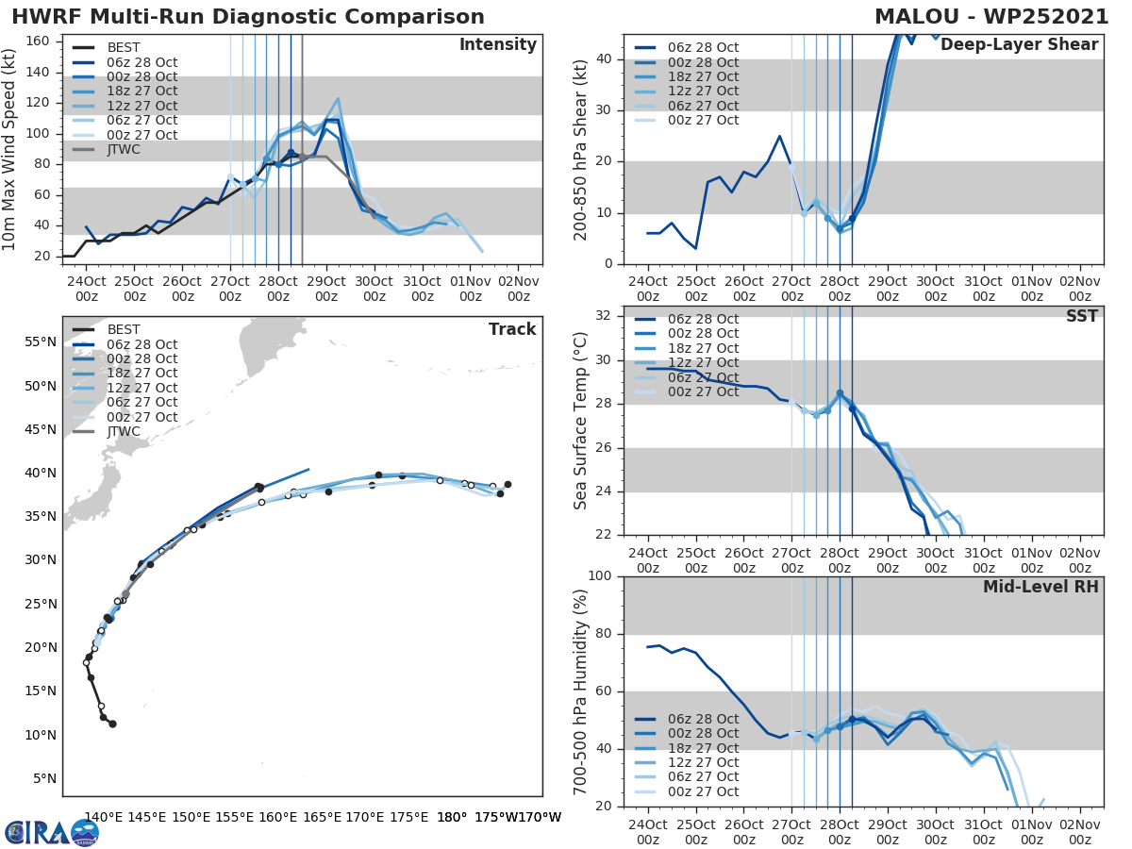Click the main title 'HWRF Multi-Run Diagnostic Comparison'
click(248, 17)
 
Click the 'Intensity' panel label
click(497, 45)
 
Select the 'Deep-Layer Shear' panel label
click(1019, 45)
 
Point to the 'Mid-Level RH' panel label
click(1040, 587)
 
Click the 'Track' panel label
click(511, 329)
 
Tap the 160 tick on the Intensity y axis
click(41, 42)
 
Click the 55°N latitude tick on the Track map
click(41, 341)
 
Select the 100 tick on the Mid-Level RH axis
click(601, 575)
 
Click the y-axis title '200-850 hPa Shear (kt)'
click(581, 150)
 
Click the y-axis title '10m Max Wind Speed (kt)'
click(9, 150)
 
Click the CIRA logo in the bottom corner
click(51, 832)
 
